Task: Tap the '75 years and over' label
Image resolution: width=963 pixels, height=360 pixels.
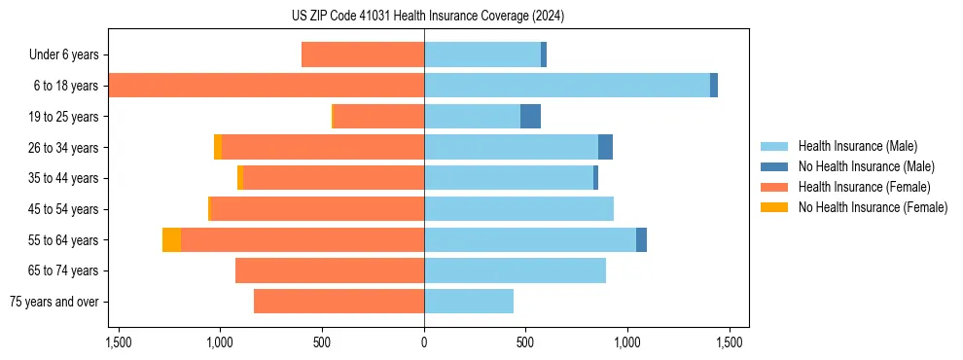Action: click(54, 302)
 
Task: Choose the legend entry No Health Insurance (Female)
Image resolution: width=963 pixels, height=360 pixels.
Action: click(873, 207)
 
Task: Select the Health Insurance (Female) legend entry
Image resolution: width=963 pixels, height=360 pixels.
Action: click(864, 187)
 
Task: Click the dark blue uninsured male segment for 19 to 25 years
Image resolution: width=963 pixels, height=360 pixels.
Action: click(530, 117)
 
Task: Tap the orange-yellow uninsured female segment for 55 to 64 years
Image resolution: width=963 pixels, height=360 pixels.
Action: click(171, 239)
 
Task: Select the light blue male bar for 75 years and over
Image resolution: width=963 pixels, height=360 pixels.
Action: click(469, 302)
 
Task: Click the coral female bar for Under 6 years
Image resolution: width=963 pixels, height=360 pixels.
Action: click(362, 55)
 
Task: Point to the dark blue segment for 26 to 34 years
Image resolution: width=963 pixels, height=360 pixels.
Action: click(605, 147)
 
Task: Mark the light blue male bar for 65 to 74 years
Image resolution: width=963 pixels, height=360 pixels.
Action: click(515, 270)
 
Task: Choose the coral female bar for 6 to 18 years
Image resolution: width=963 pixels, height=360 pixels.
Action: click(266, 86)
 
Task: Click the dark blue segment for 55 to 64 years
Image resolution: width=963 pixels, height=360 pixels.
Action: click(641, 239)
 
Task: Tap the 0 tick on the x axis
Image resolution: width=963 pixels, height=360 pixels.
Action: click(424, 342)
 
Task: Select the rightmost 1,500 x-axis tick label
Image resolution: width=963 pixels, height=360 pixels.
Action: click(729, 342)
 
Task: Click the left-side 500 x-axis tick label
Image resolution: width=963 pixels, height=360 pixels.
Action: click(322, 342)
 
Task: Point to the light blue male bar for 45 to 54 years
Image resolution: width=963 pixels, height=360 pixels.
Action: click(518, 209)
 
